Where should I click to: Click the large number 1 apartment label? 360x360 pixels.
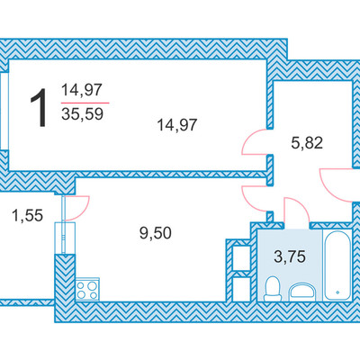(39, 108)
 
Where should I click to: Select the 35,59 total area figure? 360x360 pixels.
(82, 114)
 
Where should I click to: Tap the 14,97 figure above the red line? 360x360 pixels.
(82, 90)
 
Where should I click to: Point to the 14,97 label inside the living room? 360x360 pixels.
(177, 125)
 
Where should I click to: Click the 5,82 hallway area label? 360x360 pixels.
(307, 143)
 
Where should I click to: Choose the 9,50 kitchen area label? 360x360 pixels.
(156, 233)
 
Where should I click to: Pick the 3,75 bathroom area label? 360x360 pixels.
(290, 256)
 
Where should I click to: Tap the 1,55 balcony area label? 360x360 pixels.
(27, 215)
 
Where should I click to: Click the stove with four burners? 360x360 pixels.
(87, 289)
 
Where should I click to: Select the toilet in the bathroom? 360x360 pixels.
(273, 289)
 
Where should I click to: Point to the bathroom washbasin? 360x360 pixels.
(302, 292)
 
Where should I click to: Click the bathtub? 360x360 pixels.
(337, 265)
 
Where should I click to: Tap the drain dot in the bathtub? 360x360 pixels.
(337, 292)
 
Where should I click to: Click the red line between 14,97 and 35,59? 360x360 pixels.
(85, 103)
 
